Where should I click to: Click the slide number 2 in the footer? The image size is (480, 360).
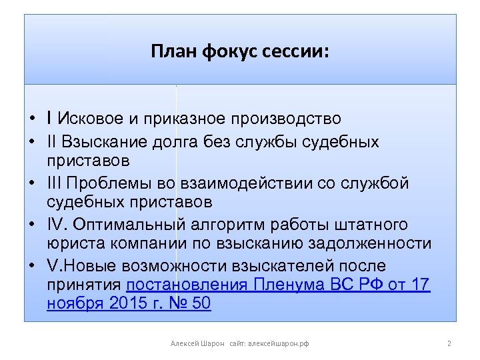coord(449,343)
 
